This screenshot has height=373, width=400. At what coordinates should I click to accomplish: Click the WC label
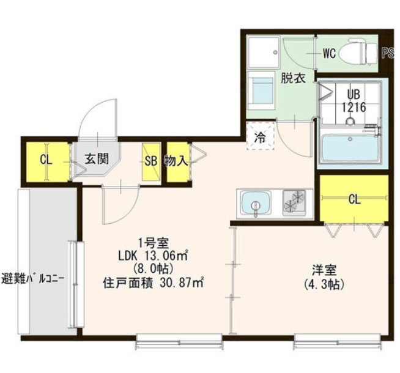329,53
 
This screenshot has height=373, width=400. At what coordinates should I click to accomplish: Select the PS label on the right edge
387,53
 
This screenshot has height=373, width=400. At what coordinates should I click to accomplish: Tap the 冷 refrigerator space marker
259,138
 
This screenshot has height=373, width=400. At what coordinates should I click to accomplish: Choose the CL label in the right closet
354,199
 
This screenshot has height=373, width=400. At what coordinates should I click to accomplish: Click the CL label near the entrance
46,160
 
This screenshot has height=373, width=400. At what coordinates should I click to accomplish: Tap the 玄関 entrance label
96,160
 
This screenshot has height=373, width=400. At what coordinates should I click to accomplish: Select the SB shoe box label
151,161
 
